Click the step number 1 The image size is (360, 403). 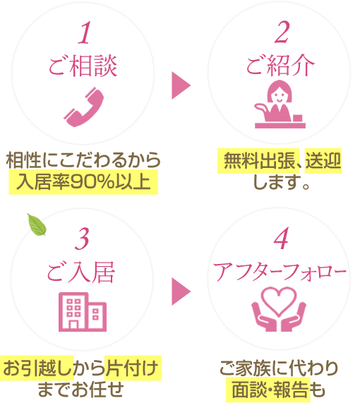[84, 32]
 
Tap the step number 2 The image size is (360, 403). [282, 32]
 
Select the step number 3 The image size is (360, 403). [82, 239]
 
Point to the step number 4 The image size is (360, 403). [281, 239]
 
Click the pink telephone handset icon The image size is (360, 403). [84, 107]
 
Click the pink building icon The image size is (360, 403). [83, 312]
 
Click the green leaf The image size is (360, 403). [37, 224]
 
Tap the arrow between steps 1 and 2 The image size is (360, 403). [181, 85]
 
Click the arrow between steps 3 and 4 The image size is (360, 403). [181, 291]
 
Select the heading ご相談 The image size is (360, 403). [83, 66]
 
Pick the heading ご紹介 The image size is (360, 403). [280, 65]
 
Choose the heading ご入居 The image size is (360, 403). [80, 272]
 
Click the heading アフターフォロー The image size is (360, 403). [280, 272]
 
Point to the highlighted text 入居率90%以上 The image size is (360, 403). [83, 181]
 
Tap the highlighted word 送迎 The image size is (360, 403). [323, 161]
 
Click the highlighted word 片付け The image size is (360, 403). [132, 368]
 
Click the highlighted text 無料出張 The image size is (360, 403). [259, 161]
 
